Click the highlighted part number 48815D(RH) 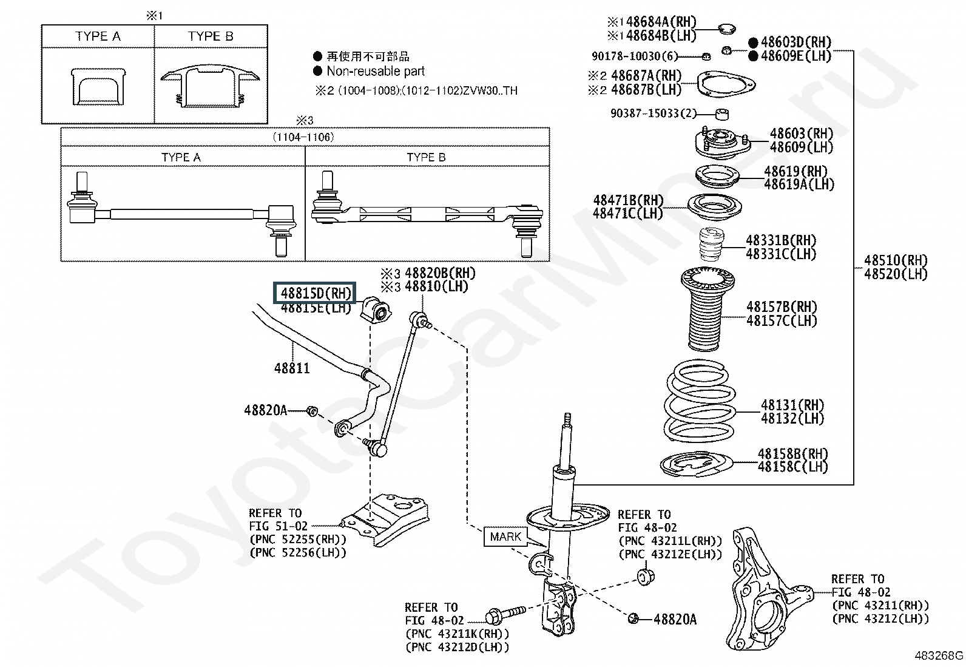[316, 293]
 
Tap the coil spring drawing [699, 401]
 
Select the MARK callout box [505, 537]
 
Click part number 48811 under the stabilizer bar [292, 368]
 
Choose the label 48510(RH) [896, 260]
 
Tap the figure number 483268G [939, 655]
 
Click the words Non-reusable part [376, 71]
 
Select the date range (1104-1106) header [303, 137]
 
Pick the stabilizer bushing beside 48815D [375, 310]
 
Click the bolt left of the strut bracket [505, 615]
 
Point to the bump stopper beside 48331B [711, 244]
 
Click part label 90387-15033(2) [654, 113]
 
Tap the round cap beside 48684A [727, 29]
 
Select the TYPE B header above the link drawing [426, 157]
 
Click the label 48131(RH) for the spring [792, 405]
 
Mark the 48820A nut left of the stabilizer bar [312, 411]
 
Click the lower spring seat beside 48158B [696, 464]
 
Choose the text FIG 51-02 [278, 526]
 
